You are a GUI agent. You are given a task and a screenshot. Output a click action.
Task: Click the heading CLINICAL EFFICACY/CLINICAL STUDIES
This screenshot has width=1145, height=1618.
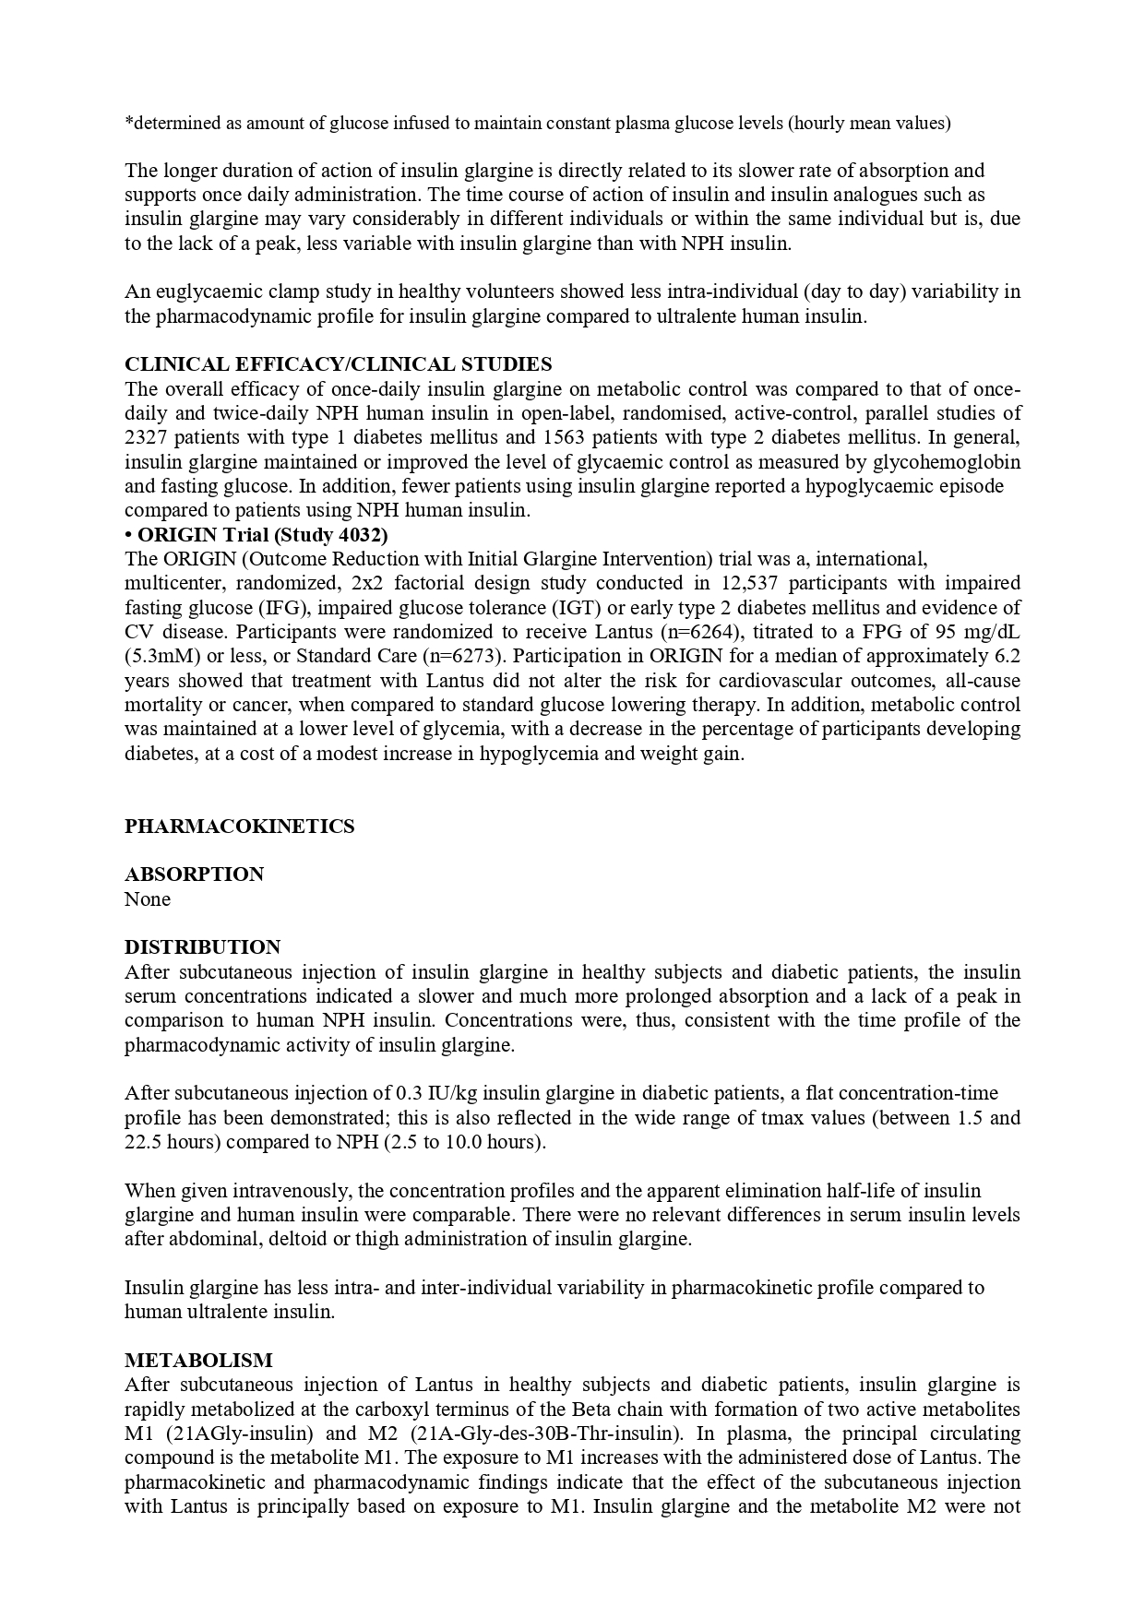tap(338, 364)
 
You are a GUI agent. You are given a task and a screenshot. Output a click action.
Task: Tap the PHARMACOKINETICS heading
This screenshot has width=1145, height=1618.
tap(239, 827)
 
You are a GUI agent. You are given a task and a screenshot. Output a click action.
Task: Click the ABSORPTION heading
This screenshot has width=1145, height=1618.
tap(194, 874)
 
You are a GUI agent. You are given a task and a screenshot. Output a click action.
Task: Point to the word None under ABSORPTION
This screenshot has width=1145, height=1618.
tap(148, 899)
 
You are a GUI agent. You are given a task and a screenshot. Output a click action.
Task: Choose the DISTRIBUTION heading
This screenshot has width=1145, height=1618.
tap(202, 947)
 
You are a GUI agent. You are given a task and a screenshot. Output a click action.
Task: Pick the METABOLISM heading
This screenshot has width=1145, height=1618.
tap(198, 1361)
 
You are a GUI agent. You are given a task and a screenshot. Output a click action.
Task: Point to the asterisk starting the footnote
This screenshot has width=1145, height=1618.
tap(128, 123)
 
